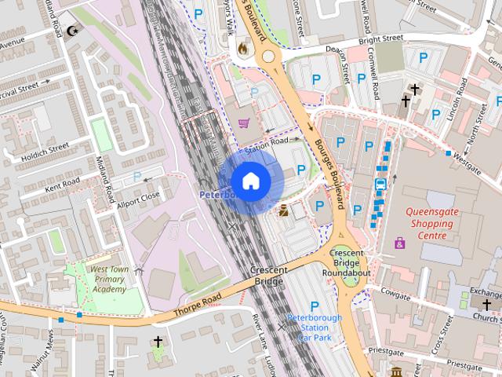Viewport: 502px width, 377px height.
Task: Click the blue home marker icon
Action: click(250, 181)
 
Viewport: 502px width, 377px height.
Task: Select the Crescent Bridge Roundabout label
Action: click(349, 262)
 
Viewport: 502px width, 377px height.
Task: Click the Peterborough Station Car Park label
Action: click(315, 327)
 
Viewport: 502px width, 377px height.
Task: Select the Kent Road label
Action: click(63, 185)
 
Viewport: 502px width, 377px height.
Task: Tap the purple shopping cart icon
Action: click(245, 123)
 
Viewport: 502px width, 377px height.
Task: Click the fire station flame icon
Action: click(242, 47)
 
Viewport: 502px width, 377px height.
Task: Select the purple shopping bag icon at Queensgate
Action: click(400, 243)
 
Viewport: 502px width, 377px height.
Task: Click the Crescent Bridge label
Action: click(269, 275)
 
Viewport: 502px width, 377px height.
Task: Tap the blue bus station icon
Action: click(380, 185)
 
